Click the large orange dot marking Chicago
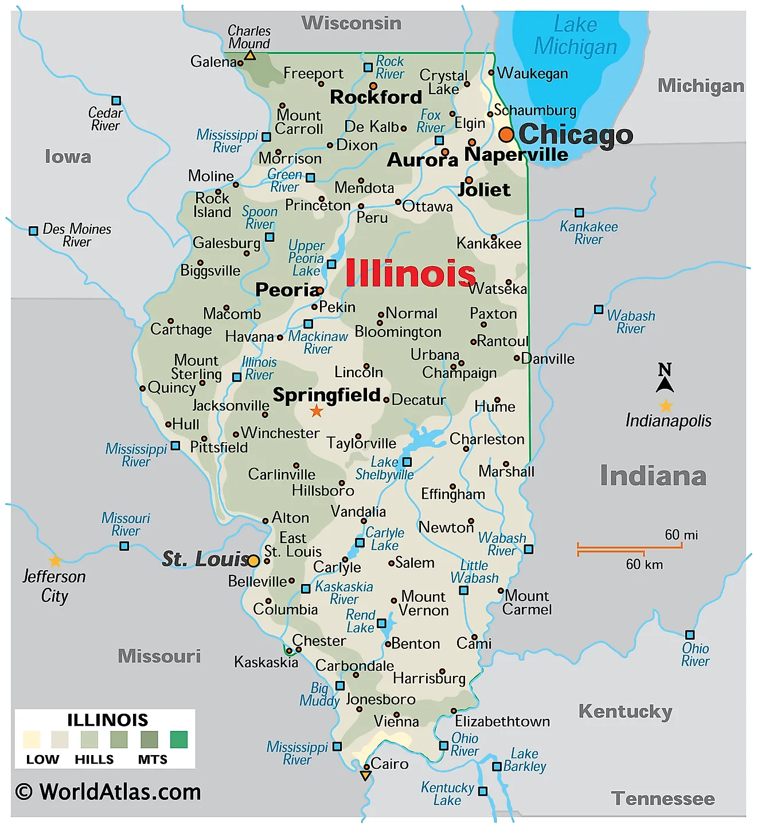(x=506, y=134)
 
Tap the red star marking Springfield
(x=317, y=411)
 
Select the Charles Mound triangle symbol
(x=250, y=56)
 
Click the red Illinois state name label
(x=410, y=273)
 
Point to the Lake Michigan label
(x=575, y=36)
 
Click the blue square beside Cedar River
(x=116, y=100)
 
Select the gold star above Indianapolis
(x=665, y=406)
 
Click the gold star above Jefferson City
(x=55, y=560)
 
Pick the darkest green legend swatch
(x=179, y=740)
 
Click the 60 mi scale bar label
(x=681, y=535)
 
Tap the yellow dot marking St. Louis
(x=253, y=560)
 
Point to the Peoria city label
(x=286, y=290)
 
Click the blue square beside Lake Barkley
(x=497, y=767)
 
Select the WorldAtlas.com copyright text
(x=108, y=792)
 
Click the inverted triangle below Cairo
(x=365, y=776)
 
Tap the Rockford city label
(x=376, y=97)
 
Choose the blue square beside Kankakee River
(x=579, y=213)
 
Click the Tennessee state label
(x=663, y=799)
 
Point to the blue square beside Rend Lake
(x=381, y=623)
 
